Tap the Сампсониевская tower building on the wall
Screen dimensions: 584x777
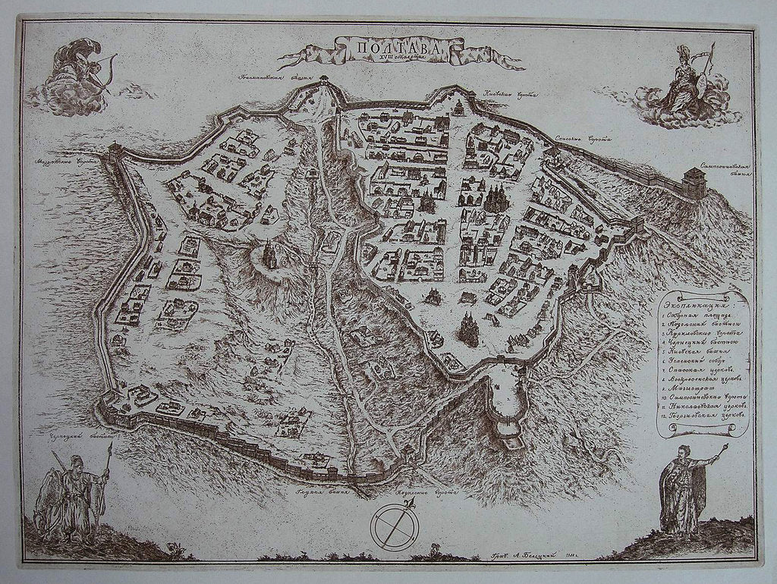click(694, 183)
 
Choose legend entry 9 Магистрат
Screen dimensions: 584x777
click(692, 390)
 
